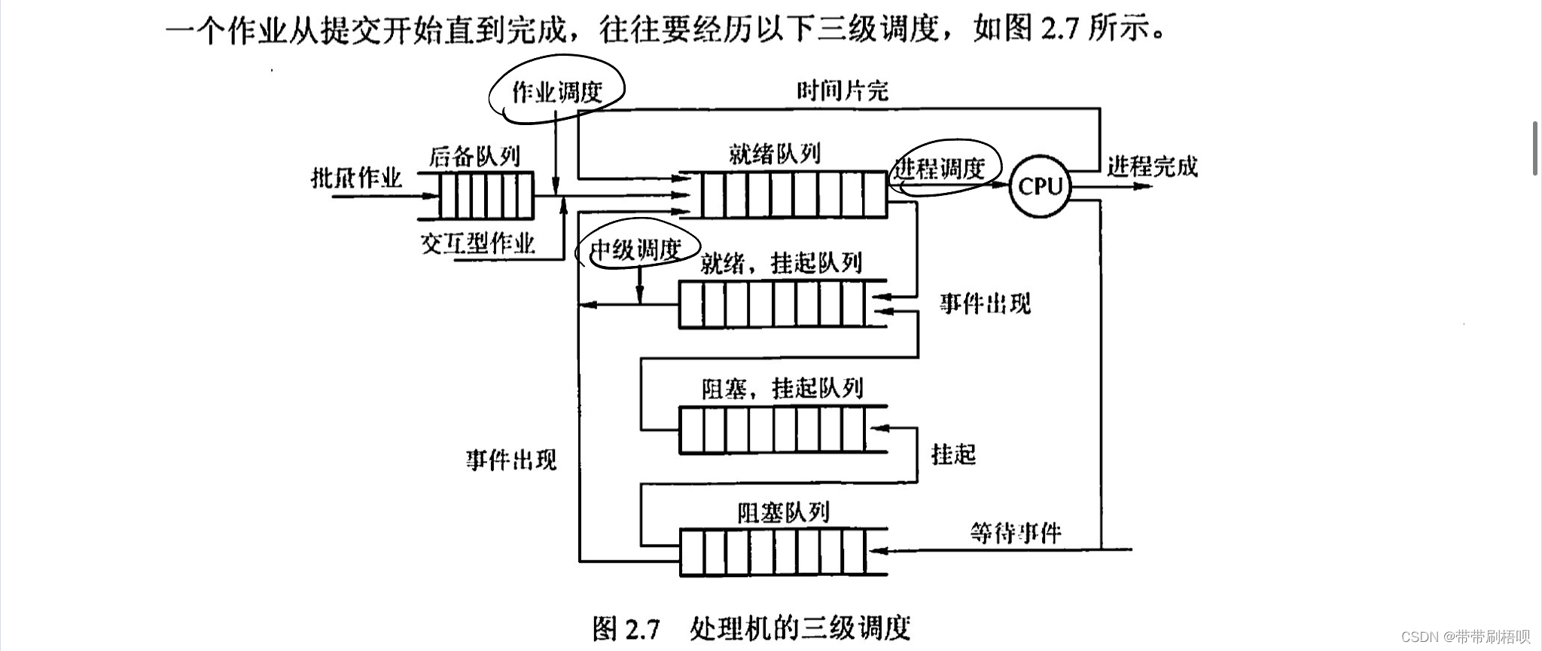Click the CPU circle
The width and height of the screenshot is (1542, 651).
coord(1040,186)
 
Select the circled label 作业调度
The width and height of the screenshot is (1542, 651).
coord(557,93)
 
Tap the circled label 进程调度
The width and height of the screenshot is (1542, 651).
coord(941,168)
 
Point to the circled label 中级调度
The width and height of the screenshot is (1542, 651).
coord(636,249)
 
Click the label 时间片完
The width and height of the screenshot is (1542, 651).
coord(843,91)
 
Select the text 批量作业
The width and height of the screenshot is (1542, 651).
coord(357,178)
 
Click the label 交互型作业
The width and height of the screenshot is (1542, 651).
coord(477,243)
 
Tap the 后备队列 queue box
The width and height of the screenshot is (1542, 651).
coord(486,195)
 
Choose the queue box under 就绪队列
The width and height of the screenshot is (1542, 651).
coord(794,195)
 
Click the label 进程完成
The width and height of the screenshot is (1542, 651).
coord(1152,166)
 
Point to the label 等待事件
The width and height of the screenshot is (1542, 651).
coord(1016,533)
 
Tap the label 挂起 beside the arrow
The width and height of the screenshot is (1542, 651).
coord(953,454)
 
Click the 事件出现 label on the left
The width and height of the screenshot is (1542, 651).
coord(511,459)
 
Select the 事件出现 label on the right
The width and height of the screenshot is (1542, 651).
coord(985,304)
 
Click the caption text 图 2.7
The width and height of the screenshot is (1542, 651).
coord(626,628)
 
